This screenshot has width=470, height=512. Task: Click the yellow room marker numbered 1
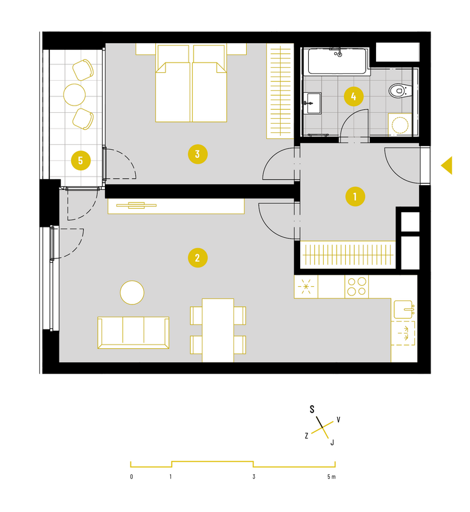[355, 197]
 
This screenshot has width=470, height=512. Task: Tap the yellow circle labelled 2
[198, 258]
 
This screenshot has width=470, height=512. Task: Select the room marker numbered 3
[198, 154]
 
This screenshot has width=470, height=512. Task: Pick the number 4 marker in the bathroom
[354, 96]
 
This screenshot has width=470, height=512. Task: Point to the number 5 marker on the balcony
[81, 160]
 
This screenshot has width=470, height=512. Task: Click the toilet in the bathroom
[400, 90]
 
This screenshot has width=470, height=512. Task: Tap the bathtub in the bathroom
[337, 61]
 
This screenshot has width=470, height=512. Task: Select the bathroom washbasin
[312, 103]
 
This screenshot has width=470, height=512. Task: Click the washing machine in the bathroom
[400, 124]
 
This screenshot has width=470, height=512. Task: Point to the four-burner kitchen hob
[357, 287]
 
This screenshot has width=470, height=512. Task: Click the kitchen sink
[404, 309]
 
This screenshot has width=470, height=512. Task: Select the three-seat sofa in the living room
[133, 332]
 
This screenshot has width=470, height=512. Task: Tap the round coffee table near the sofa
[132, 292]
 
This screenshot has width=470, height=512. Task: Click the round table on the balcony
[75, 95]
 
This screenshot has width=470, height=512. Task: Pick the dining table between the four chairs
[218, 330]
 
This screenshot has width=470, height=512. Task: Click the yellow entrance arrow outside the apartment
[446, 165]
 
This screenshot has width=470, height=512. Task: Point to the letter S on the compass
[312, 409]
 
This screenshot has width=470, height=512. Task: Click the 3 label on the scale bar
[253, 477]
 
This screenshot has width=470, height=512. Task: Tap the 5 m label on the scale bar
[331, 477]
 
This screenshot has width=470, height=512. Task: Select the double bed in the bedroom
[191, 83]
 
